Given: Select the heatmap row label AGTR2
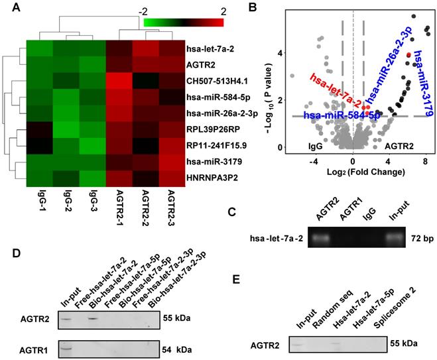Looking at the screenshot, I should tap(200, 66).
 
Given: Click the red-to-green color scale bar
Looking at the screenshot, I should tap(183, 23).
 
